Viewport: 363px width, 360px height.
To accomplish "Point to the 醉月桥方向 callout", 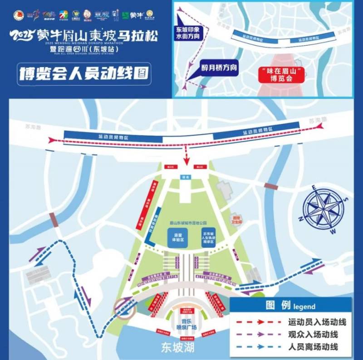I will coord(219,68).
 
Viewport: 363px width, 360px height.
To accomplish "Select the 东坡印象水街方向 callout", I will coord(187,34).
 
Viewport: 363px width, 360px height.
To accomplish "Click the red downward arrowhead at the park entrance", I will coord(186,162).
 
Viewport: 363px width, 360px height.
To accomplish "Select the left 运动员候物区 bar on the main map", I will coord(109,135).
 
